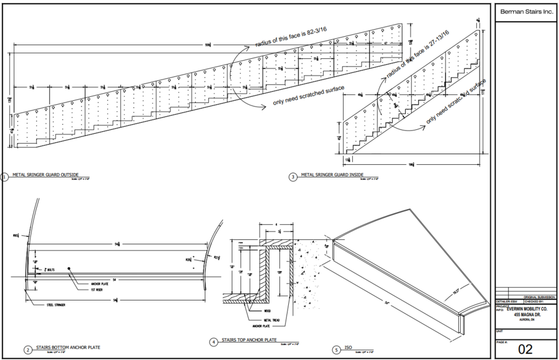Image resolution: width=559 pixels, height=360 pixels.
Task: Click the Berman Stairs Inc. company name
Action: point(525,12)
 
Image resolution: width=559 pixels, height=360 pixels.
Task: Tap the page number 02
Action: point(525,349)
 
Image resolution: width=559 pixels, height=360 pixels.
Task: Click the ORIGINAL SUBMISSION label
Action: point(539,297)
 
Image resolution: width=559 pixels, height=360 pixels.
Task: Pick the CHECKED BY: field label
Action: point(534,301)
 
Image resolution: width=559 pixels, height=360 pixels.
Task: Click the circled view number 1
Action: point(4,176)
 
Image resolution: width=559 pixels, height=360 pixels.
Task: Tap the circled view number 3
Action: point(292,176)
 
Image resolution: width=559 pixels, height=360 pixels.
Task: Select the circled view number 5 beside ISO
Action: point(336,350)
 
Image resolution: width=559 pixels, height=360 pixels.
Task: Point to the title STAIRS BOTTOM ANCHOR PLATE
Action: point(68,348)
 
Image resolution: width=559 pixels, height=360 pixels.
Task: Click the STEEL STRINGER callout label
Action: point(58,303)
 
